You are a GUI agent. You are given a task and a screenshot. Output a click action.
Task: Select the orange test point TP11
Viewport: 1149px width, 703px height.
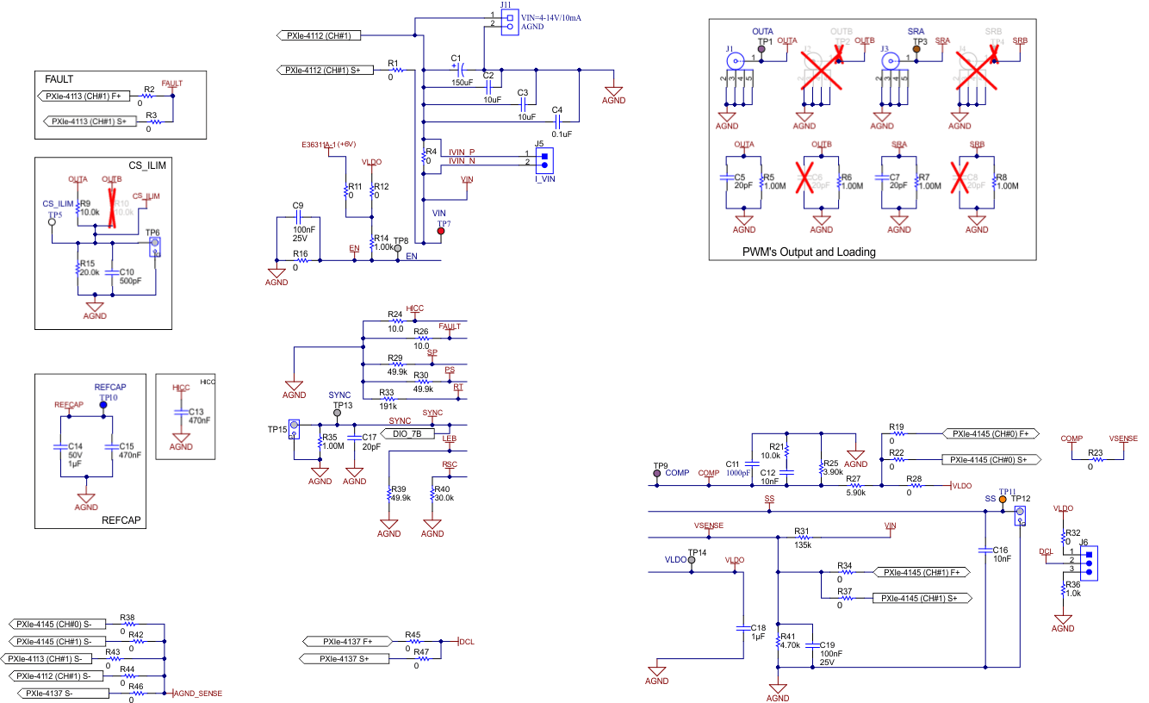point(1003,500)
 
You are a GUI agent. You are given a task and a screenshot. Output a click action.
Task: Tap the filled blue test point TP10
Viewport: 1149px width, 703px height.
point(102,404)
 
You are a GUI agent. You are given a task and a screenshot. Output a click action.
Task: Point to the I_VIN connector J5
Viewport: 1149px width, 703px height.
point(543,159)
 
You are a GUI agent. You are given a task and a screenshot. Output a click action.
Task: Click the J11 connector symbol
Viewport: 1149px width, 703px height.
point(509,22)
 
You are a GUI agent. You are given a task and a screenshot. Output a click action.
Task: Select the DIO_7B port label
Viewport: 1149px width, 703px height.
point(407,433)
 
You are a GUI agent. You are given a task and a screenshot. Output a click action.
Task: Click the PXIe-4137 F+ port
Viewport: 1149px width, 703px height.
point(348,641)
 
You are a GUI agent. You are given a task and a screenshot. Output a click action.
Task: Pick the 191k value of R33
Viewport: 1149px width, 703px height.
point(387,401)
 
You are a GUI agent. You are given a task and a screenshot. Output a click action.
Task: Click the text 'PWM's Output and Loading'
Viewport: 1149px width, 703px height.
point(809,252)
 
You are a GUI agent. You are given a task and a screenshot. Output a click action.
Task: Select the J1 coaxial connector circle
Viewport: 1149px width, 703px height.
point(735,61)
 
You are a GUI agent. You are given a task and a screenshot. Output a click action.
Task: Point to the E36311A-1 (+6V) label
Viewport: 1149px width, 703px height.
point(329,144)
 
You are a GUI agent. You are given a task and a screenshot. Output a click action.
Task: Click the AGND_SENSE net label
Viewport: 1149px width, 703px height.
point(199,693)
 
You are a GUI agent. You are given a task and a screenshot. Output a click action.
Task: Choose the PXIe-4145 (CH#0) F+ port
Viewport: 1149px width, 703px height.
point(991,433)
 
